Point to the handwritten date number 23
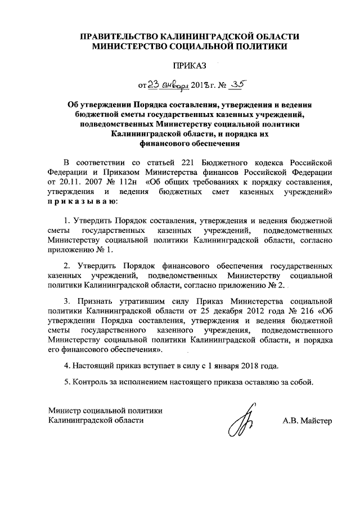tap(154, 85)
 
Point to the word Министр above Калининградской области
tap(65, 411)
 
